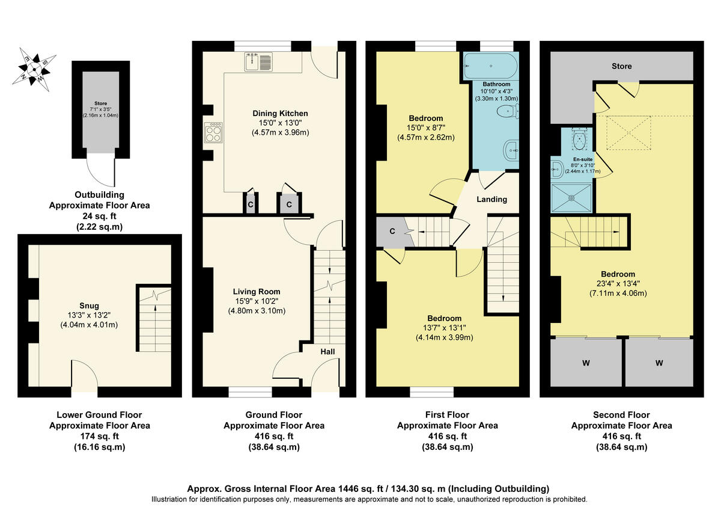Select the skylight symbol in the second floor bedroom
click(x=627, y=132)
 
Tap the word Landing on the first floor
click(x=492, y=199)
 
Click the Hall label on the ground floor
click(x=327, y=352)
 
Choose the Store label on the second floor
click(x=621, y=66)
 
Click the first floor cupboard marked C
click(x=392, y=230)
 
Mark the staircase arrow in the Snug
click(x=156, y=319)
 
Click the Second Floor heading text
click(x=621, y=415)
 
